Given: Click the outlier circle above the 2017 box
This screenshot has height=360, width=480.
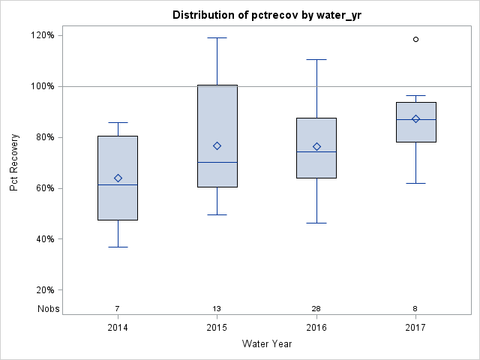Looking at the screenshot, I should click(415, 39).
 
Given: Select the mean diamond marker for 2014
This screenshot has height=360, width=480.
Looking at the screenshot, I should click(118, 178).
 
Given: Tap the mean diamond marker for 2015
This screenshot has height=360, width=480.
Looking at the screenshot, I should click(217, 145).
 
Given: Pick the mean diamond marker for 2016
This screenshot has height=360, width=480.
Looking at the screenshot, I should click(316, 146).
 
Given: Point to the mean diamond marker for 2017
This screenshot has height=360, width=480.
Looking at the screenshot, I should click(415, 118).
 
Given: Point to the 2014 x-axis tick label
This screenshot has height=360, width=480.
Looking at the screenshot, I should click(118, 328).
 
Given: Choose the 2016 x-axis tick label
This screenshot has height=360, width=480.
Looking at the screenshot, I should click(316, 328).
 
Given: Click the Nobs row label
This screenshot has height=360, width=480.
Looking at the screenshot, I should click(49, 309).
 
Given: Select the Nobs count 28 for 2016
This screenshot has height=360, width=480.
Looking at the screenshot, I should click(316, 309).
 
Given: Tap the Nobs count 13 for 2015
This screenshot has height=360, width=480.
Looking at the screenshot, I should click(217, 309).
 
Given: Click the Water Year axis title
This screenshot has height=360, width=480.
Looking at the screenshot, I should click(267, 344).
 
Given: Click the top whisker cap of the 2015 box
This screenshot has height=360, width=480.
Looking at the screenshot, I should click(217, 37).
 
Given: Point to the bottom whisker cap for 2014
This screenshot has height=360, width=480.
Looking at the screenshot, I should click(118, 247).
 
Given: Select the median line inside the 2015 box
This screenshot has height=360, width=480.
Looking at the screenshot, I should click(217, 162).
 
